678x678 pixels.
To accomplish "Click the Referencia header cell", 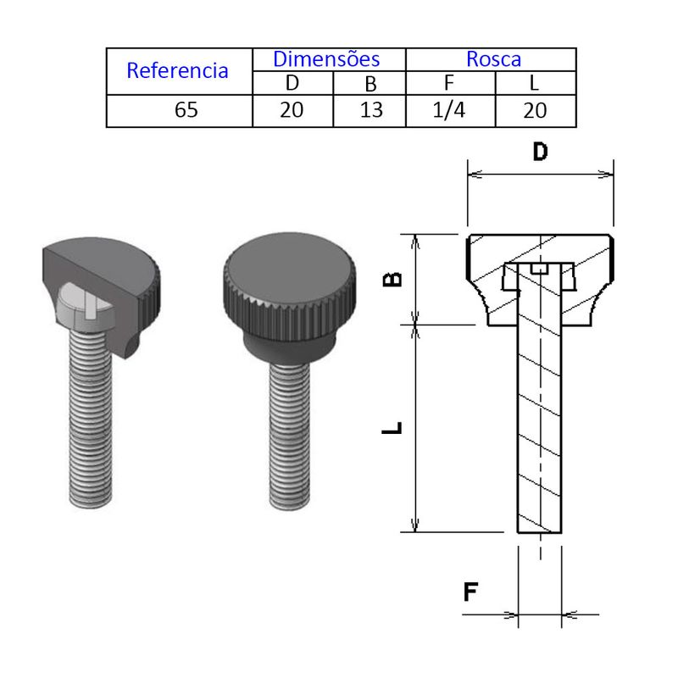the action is tap(177, 70).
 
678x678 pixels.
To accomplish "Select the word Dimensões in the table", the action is tap(326, 58).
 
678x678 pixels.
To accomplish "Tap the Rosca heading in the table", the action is tap(493, 59).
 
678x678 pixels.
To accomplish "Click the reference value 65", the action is tap(186, 110).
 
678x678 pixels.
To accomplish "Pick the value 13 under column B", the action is tap(371, 110).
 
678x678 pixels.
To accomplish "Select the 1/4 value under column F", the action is tap(449, 110).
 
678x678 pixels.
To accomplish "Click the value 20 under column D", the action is tap(292, 110).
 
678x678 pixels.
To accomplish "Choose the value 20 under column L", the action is tap(535, 110).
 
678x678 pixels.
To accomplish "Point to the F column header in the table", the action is tap(449, 82).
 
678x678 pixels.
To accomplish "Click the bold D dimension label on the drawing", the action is tap(541, 152).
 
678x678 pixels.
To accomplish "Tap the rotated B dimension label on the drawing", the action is tap(392, 280).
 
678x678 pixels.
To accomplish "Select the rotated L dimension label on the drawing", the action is tap(392, 427).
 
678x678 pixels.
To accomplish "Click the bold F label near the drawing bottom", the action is tap(470, 592).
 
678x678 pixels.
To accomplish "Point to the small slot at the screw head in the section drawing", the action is tap(540, 269).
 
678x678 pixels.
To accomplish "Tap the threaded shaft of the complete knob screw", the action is tap(289, 435).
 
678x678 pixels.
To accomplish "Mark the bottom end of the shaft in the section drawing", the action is tap(540, 532).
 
